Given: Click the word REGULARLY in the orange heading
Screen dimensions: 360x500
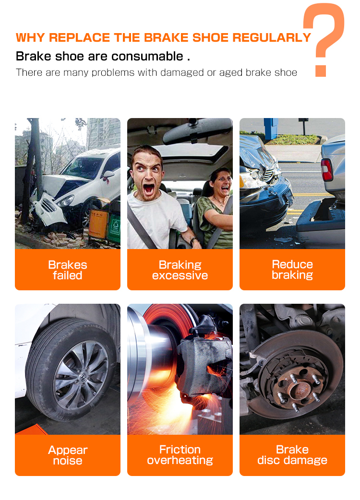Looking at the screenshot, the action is (272, 37).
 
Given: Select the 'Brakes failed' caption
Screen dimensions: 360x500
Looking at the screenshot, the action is (68, 270).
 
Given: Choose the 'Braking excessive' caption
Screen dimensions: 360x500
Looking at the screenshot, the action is (180, 270).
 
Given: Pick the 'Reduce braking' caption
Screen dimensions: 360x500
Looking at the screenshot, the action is (292, 270).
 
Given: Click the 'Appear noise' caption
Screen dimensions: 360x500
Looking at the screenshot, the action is (68, 455).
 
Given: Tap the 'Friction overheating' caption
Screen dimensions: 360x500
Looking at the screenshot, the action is (180, 455).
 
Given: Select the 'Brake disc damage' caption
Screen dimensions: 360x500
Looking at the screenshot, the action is (292, 455).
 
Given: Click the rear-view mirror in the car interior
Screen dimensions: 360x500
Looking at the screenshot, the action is (197, 131).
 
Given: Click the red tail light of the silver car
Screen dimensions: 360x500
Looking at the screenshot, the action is (327, 170).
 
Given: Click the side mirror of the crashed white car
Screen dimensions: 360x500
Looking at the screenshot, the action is (108, 175).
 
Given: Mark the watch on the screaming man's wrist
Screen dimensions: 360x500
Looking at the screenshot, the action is (192, 241).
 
